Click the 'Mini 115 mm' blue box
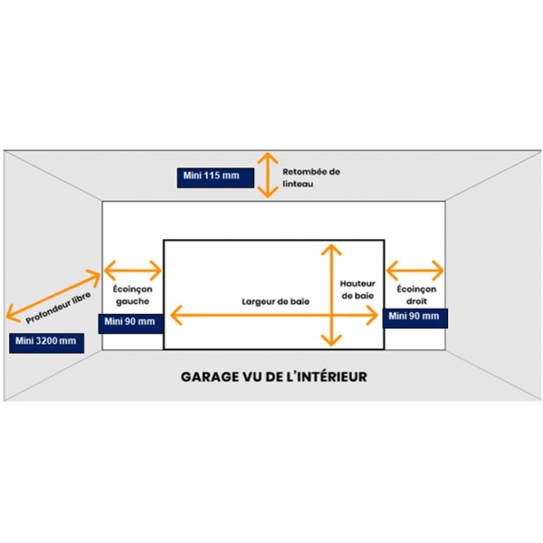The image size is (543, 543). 211,176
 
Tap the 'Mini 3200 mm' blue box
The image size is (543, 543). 44,341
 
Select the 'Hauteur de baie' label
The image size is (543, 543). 358,290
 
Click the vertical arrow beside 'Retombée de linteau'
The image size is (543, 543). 265,174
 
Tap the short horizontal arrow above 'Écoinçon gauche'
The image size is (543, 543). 133,269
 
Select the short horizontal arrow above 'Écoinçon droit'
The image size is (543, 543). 415,269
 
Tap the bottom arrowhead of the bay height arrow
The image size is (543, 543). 331,342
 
